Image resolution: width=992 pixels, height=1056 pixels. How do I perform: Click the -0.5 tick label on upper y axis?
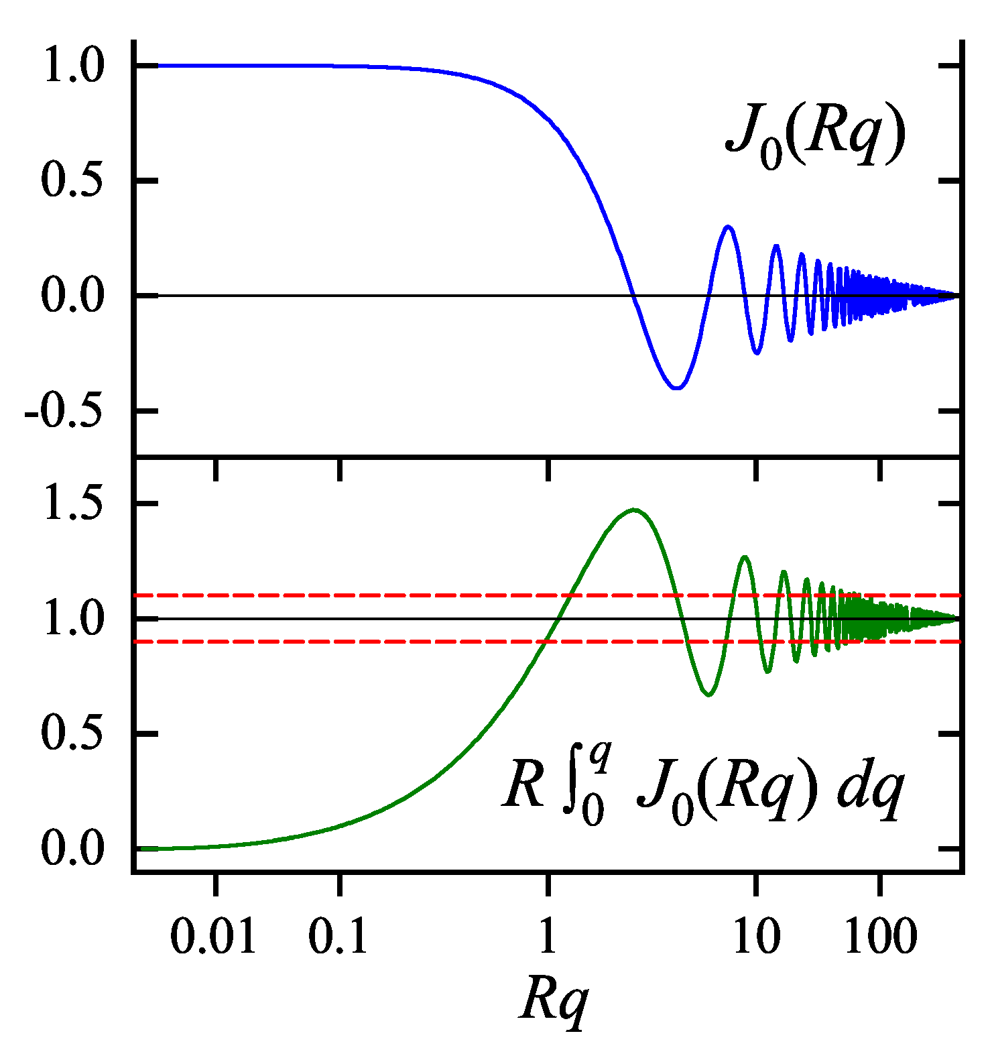coord(65,411)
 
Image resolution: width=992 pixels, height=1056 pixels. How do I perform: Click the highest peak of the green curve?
coord(633,510)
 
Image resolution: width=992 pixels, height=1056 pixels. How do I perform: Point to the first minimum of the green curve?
coord(708,695)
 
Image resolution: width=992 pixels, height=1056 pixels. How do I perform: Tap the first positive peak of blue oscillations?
coord(728,227)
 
